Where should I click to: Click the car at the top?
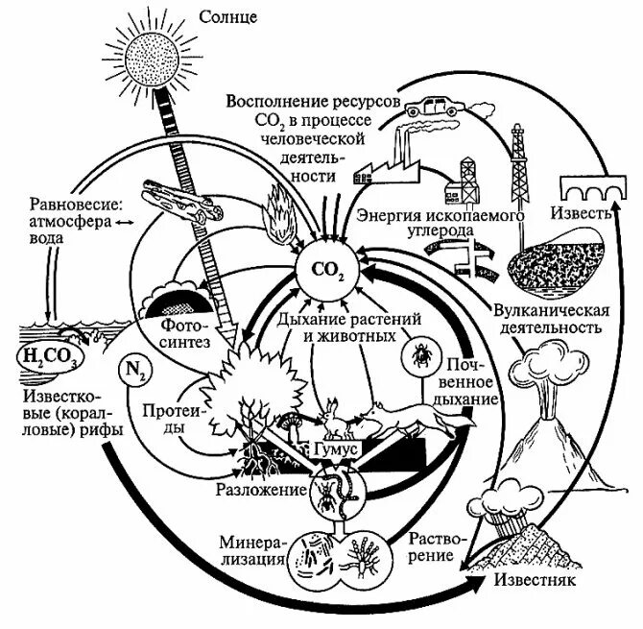coord(429,103)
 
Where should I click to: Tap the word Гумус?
coord(334,447)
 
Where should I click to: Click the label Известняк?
coord(526,581)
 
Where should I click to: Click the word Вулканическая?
coord(550,310)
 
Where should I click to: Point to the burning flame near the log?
coord(280,216)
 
